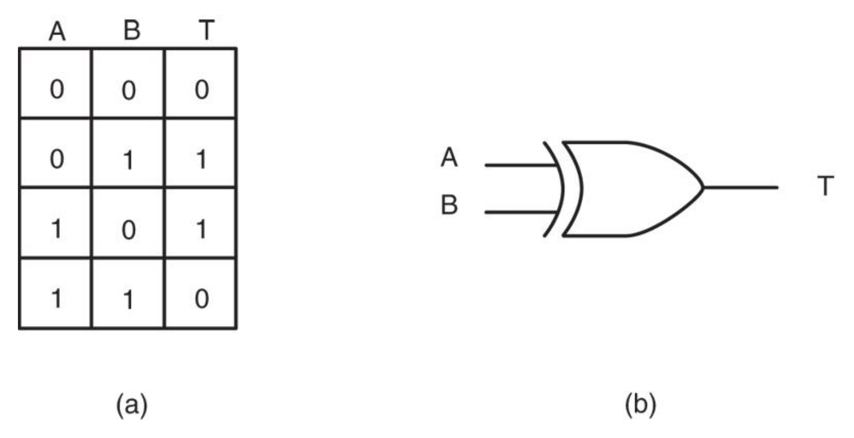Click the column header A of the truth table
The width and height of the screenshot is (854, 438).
[x=57, y=32]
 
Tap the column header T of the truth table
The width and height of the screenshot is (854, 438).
[x=207, y=31]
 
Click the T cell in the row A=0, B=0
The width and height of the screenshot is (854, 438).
[x=201, y=91]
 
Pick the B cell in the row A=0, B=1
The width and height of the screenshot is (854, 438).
[x=129, y=161]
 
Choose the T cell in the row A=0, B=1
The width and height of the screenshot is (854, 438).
[x=201, y=161]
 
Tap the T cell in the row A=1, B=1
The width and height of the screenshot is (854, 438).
[x=201, y=300]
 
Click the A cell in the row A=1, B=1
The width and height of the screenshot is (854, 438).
[x=55, y=300]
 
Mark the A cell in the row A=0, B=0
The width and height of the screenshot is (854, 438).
[x=55, y=91]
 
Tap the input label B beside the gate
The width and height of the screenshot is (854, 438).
[x=449, y=206]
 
